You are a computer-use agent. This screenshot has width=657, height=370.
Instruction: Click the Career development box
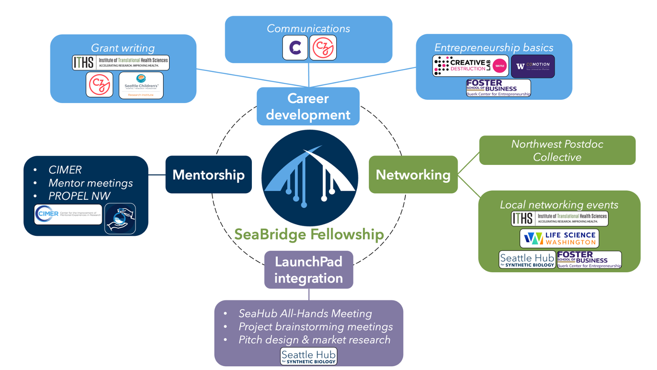click(x=308, y=106)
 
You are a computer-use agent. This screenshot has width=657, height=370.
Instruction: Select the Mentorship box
click(x=208, y=174)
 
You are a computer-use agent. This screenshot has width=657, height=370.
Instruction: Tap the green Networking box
click(x=413, y=174)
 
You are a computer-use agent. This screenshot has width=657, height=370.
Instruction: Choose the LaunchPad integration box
click(x=308, y=270)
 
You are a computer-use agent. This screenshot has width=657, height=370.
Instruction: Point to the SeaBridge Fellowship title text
click(x=309, y=234)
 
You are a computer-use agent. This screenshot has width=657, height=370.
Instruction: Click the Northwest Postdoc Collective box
click(x=557, y=150)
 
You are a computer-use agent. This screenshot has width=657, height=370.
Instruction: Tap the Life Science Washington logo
click(x=559, y=239)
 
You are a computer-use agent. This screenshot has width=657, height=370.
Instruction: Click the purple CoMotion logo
click(x=533, y=66)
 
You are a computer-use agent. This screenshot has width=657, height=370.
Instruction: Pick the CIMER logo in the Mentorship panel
click(x=68, y=214)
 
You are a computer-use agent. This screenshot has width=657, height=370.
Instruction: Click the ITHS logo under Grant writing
click(x=121, y=63)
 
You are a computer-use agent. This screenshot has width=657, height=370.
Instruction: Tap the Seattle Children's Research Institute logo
click(x=141, y=85)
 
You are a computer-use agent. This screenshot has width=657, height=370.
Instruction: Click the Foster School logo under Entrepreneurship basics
click(x=498, y=88)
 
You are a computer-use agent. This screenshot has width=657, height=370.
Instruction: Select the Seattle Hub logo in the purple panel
click(x=308, y=357)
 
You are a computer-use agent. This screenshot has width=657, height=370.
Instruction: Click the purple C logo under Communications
click(x=295, y=47)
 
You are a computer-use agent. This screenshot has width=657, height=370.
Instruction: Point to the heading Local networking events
click(x=559, y=205)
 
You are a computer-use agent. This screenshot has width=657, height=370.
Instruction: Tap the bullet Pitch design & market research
click(x=314, y=340)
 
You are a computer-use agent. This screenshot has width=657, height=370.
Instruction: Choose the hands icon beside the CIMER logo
click(x=120, y=219)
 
